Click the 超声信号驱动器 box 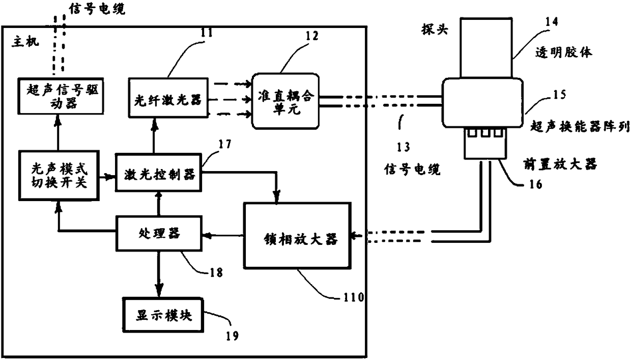point(61,96)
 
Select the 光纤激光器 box point(168,98)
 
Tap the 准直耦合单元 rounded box point(285,101)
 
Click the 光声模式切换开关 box point(59,176)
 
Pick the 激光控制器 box point(159,173)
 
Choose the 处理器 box point(159,233)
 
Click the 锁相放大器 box point(298,235)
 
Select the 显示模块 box point(163,315)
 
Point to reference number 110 point(354,297)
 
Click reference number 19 point(232,336)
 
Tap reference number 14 point(551,22)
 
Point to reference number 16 point(535,184)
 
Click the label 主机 point(25,42)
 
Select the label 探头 point(435,30)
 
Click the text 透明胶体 point(564,52)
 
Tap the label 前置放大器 point(560,164)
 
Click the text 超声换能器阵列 point(580,127)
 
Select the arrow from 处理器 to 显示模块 point(159,274)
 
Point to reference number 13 point(404,147)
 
